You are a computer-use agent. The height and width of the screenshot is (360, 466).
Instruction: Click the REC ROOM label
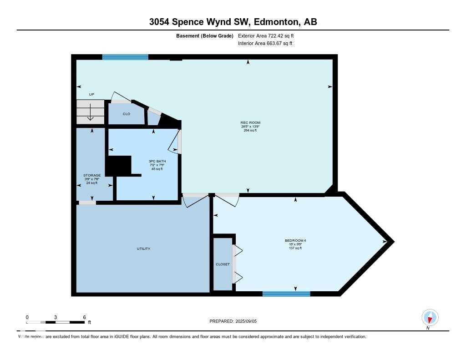[250, 122]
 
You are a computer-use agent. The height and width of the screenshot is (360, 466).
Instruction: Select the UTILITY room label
[143, 248]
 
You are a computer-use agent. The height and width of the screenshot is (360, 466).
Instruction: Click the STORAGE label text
[92, 175]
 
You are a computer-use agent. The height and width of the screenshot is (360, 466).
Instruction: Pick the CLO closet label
[127, 114]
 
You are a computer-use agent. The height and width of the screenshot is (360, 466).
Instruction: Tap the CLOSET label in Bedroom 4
[223, 264]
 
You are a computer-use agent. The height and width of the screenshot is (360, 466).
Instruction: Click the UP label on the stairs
[91, 95]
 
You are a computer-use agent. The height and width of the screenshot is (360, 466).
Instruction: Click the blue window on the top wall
[125, 57]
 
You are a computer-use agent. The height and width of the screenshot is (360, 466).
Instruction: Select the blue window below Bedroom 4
[286, 294]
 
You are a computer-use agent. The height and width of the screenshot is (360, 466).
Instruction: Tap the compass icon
[430, 317]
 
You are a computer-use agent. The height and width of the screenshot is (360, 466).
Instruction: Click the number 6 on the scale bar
[84, 317]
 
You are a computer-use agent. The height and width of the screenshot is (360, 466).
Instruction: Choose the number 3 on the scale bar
[56, 317]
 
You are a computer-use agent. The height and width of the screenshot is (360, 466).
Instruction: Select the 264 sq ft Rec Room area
[250, 130]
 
